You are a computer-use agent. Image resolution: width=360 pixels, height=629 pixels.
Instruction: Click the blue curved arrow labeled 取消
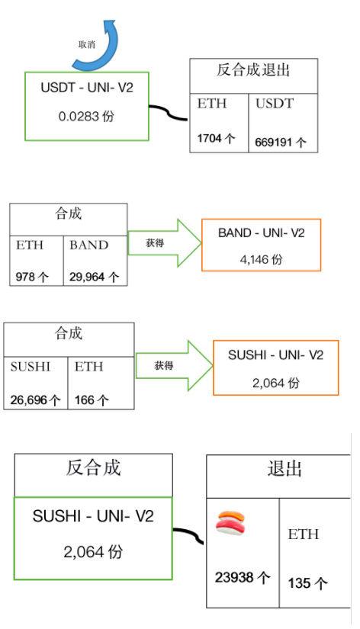(105, 56)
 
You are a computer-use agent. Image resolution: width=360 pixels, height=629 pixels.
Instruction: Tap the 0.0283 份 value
(86, 117)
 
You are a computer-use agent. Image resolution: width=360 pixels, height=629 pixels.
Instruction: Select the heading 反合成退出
(253, 70)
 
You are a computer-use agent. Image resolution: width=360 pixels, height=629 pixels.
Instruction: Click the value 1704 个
(216, 139)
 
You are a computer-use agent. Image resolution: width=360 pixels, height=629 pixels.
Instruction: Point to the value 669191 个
(281, 142)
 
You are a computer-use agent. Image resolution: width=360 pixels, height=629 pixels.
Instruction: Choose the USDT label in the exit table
(275, 104)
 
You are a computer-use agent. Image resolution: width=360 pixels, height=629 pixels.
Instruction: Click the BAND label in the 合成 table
(88, 245)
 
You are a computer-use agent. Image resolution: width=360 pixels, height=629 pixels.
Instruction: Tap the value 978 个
(32, 277)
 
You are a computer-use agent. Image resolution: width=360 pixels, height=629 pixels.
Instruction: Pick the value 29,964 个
(95, 277)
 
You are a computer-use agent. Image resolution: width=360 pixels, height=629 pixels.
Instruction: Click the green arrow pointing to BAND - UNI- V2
(165, 242)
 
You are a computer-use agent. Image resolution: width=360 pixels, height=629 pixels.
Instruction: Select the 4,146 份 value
(262, 259)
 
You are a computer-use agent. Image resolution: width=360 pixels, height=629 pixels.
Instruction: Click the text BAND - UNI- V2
(262, 233)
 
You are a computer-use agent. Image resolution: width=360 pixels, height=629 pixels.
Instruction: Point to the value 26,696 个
(35, 400)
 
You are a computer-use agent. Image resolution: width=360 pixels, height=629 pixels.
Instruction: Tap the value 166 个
(92, 400)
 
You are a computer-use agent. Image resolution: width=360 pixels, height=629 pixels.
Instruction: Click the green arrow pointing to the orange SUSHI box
(174, 365)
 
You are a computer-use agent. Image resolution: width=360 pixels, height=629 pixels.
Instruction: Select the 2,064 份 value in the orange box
(275, 383)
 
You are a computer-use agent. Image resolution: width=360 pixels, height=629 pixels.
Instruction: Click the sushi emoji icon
(230, 522)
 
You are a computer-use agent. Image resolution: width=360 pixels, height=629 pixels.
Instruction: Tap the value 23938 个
(242, 578)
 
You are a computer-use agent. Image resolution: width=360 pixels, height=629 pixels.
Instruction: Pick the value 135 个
(307, 582)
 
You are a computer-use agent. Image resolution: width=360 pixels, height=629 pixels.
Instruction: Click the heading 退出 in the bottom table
(284, 468)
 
